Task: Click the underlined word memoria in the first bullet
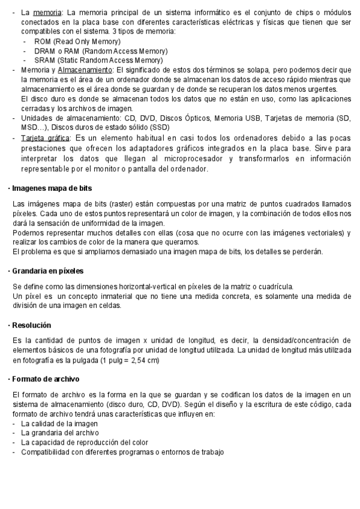[43, 12]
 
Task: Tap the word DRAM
[44, 51]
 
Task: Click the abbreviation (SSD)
[159, 127]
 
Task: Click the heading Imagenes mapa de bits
[49, 188]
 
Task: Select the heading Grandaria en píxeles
[47, 271]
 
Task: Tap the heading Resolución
[31, 325]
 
